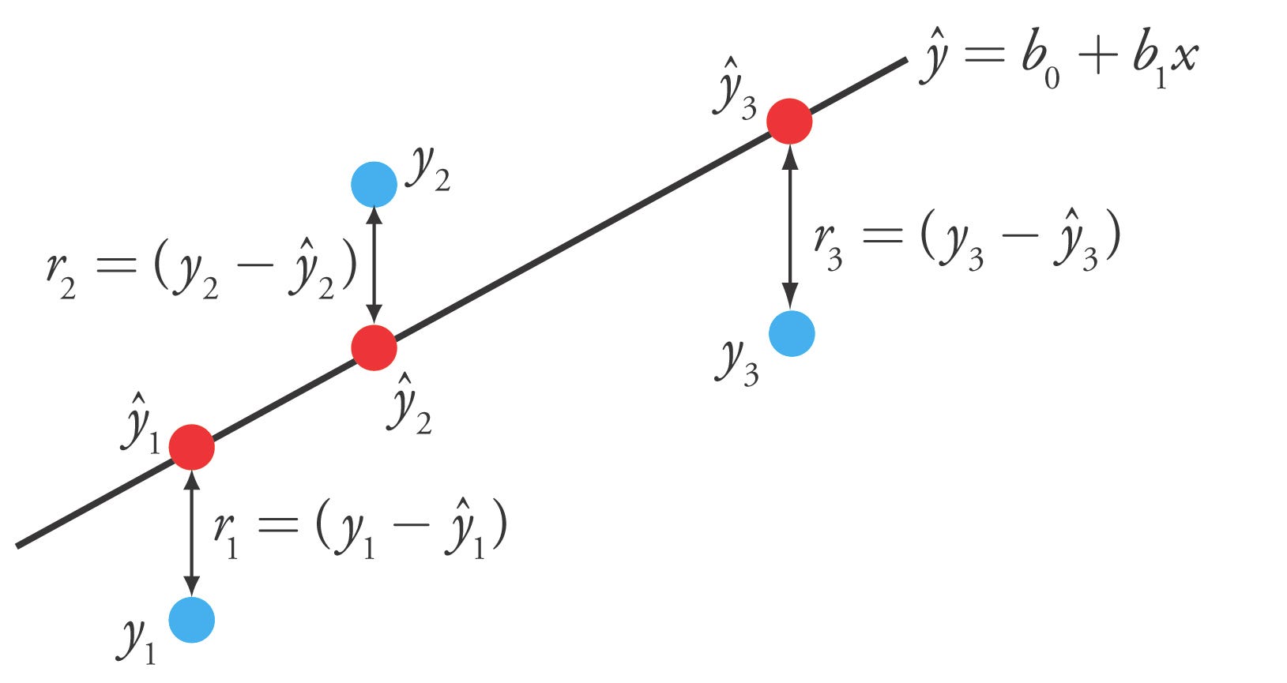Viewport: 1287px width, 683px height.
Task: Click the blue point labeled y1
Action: [x=191, y=620]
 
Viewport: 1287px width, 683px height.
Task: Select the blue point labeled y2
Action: [x=374, y=184]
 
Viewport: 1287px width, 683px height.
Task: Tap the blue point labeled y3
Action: [x=792, y=333]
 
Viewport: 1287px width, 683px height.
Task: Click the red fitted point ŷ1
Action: [x=191, y=447]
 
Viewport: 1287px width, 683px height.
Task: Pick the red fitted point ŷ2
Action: [x=374, y=347]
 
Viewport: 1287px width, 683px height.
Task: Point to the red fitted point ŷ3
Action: [x=789, y=121]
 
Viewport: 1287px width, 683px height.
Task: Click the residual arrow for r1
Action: [x=191, y=533]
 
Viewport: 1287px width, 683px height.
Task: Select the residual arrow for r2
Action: [x=374, y=265]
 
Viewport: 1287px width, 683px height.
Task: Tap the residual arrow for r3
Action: [x=789, y=229]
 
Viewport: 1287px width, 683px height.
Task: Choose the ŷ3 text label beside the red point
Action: [x=735, y=88]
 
